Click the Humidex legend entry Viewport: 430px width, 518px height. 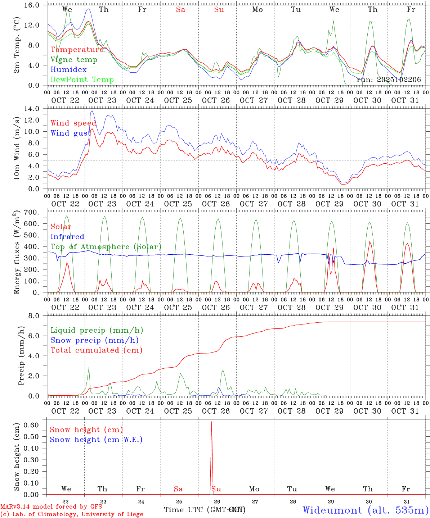click(x=68, y=70)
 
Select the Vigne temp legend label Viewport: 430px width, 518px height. click(x=74, y=60)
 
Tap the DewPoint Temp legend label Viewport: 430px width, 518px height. click(x=82, y=80)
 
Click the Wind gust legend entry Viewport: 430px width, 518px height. click(x=70, y=133)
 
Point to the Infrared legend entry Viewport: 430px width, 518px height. click(x=67, y=237)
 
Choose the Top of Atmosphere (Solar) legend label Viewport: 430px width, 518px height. click(x=106, y=247)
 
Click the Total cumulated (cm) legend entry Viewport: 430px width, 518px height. click(x=96, y=350)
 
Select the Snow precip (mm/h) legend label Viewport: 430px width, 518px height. click(x=94, y=340)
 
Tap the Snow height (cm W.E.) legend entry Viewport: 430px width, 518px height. click(x=96, y=440)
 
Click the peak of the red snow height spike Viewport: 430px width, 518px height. click(x=211, y=422)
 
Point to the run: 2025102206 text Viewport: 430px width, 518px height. click(x=389, y=80)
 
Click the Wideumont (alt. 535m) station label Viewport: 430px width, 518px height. click(x=365, y=510)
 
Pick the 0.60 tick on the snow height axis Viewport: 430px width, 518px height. click(x=36, y=425)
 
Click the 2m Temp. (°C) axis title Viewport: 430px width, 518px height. click(x=17, y=49)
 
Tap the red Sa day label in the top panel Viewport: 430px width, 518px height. click(x=180, y=10)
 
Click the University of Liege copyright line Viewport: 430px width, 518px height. click(x=72, y=514)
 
